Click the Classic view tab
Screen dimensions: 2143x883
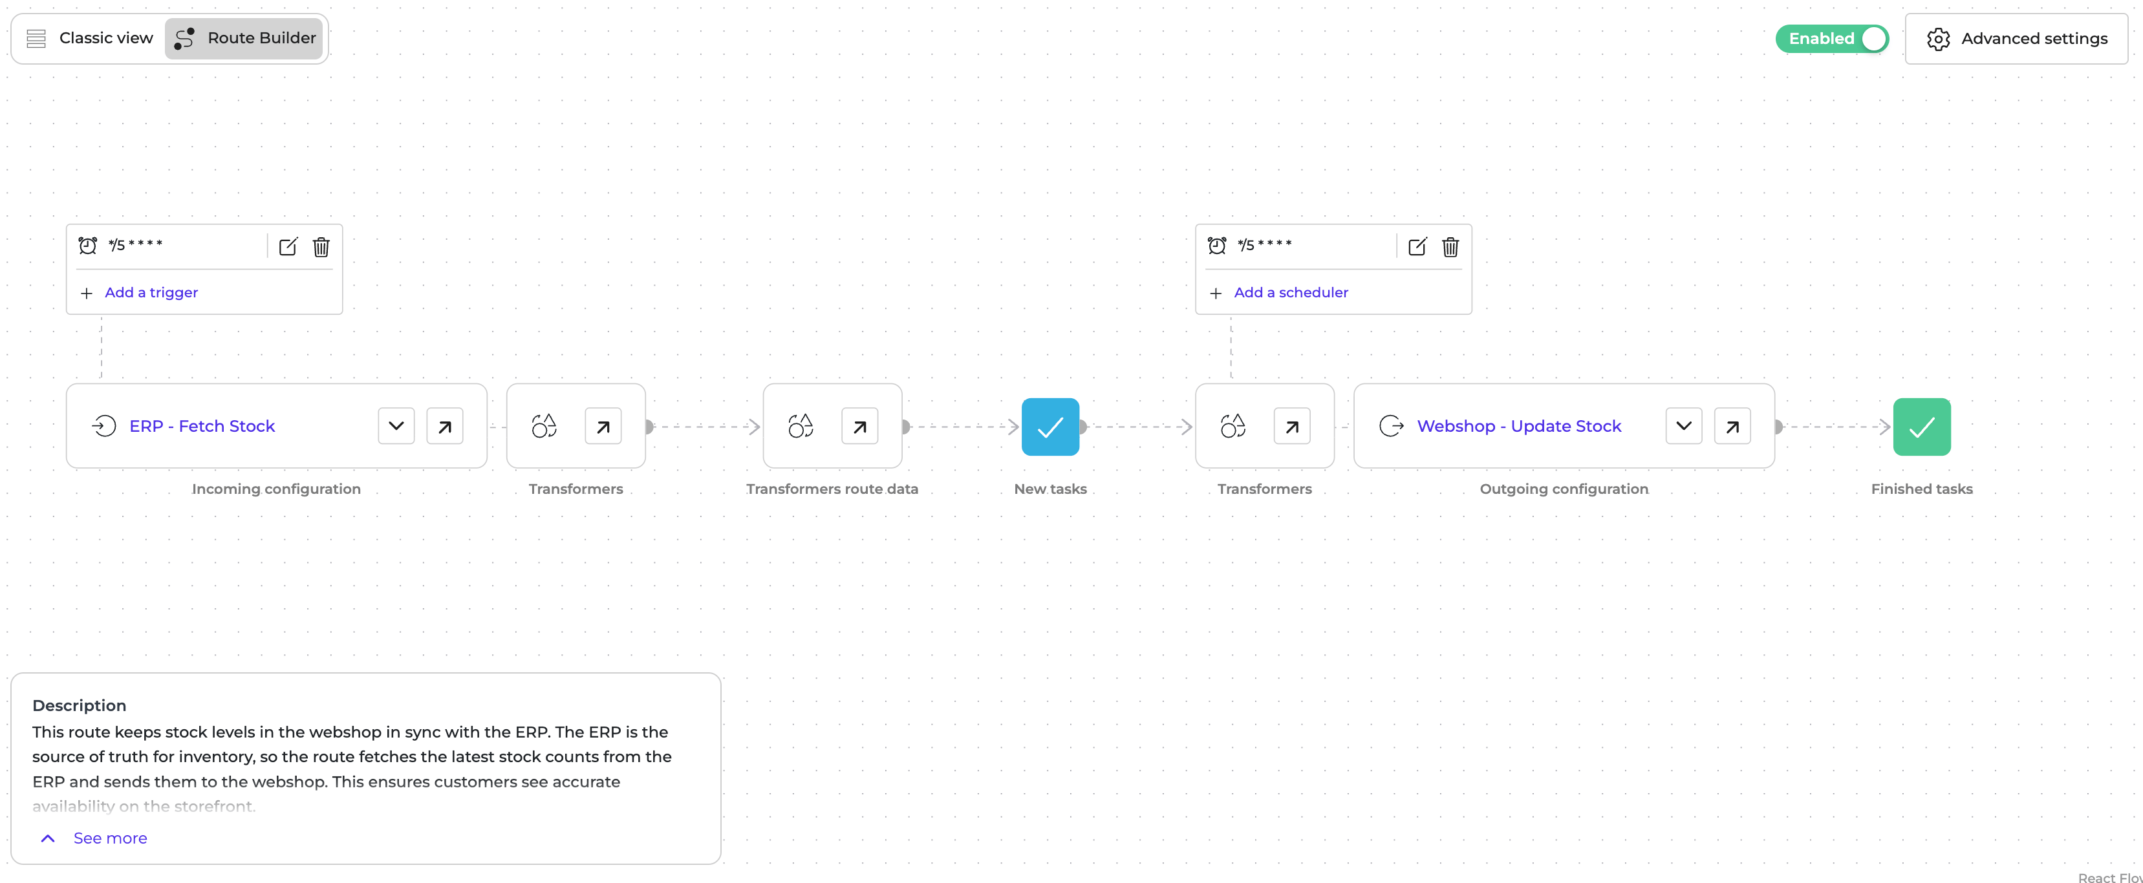[90, 38]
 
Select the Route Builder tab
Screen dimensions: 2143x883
[244, 38]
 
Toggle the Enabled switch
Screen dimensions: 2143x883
[1832, 39]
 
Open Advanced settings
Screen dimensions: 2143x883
[2016, 39]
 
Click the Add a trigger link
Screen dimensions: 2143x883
[151, 293]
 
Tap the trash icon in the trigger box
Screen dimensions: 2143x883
[321, 247]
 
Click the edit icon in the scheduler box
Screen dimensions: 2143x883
[1417, 247]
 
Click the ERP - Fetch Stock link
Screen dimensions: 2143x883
[202, 427]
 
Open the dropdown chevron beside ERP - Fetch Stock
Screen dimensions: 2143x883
[396, 427]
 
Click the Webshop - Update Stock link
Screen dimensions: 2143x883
[1519, 427]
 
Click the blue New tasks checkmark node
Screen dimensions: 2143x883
[1050, 427]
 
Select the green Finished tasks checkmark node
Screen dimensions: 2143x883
[1922, 427]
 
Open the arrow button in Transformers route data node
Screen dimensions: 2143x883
[859, 427]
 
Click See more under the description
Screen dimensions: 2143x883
[110, 838]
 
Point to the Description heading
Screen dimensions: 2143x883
[79, 706]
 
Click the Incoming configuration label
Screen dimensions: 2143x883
[276, 489]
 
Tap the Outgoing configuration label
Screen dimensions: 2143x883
[1564, 489]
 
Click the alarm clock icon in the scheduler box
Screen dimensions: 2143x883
[1216, 245]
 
